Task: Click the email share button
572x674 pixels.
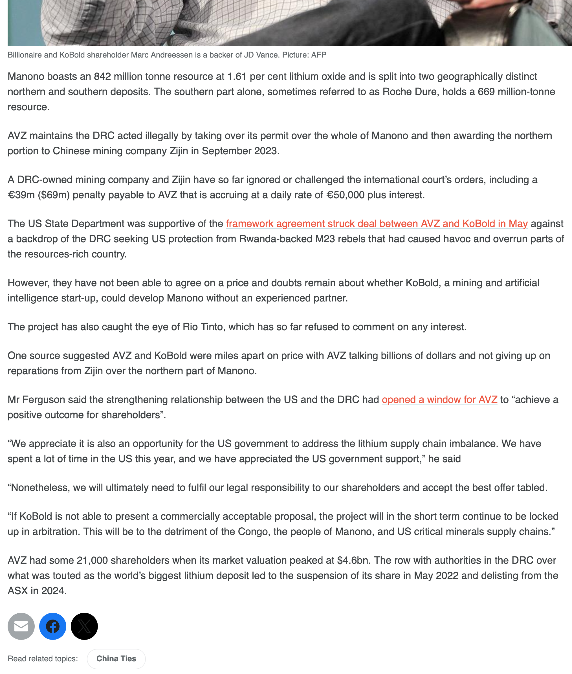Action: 21,626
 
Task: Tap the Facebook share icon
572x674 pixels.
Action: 52,626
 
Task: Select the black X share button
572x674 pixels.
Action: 84,626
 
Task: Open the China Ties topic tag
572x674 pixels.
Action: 116,658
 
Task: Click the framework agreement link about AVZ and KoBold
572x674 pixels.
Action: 377,224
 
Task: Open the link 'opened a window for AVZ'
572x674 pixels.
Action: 439,400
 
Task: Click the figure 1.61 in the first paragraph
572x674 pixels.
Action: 237,76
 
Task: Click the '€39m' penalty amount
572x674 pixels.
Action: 21,195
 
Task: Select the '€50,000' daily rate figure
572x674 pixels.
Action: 345,195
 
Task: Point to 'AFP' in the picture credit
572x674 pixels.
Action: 318,55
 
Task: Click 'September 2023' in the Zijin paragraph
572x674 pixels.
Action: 240,151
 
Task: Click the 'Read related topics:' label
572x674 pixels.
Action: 43,658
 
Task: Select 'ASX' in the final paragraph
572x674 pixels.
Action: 17,591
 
